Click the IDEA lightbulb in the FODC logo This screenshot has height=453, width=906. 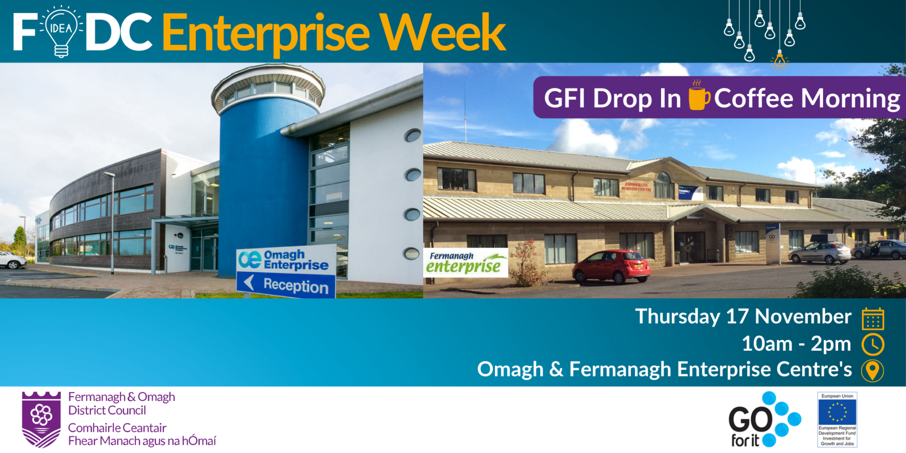click(61, 31)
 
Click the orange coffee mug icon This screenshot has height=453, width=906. click(698, 96)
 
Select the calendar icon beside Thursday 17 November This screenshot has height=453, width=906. click(872, 319)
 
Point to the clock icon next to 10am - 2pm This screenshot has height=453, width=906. click(872, 344)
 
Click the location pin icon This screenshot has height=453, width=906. click(872, 370)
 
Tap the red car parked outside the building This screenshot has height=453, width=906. click(612, 267)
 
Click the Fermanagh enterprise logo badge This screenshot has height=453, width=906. click(465, 262)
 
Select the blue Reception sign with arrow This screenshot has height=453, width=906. click(286, 285)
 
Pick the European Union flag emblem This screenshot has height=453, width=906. click(837, 412)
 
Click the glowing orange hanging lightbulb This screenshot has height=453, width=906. click(780, 60)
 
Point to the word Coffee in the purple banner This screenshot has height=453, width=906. click(754, 99)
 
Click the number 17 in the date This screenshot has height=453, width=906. click(737, 317)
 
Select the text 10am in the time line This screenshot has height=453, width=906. click(767, 344)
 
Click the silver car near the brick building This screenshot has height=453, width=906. click(819, 252)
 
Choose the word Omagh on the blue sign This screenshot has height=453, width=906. click(284, 255)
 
